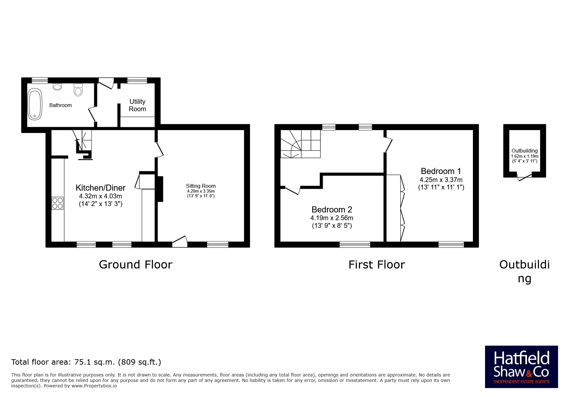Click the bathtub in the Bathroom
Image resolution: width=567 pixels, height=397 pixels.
pos(35,104)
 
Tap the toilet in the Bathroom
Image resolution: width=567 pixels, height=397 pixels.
pos(78,90)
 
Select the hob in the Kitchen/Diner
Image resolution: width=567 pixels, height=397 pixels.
pos(58,203)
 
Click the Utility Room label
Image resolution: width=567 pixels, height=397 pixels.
pos(137,105)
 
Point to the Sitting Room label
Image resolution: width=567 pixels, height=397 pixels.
pos(201,186)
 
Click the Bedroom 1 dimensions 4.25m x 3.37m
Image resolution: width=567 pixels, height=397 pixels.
pos(441,180)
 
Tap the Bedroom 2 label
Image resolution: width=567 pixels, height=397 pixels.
pos(332,210)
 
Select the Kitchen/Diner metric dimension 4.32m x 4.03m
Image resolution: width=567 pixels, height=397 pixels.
pos(101,196)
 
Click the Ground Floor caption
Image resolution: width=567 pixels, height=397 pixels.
pos(135,265)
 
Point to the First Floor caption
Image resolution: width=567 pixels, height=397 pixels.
pos(377,265)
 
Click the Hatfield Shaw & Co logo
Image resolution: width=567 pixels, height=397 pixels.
pos(521,367)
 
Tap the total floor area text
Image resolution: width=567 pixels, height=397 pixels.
pos(86,362)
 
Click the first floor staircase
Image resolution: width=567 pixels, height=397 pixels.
pos(301,144)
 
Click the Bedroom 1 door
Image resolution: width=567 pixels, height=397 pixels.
pos(388,145)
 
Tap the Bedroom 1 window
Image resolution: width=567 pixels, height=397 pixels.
pos(451,244)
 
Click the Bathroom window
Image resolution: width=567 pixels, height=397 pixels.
pos(40,80)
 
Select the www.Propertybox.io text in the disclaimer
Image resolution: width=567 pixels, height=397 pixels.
pos(94,386)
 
